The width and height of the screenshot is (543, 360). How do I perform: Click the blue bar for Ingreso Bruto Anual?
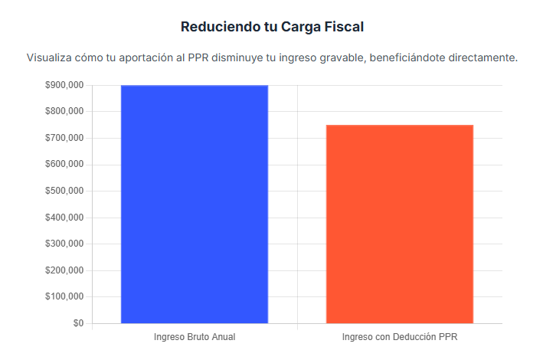195,204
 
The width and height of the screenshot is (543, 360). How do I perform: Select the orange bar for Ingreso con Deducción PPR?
400,224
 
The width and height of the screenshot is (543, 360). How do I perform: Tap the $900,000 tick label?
64,85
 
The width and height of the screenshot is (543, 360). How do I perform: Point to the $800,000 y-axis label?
64,112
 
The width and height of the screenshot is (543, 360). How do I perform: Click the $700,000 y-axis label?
64,138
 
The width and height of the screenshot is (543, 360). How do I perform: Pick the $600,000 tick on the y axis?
64,165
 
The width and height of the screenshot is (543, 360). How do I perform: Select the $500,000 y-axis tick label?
64,191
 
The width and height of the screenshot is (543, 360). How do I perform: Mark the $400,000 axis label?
64,218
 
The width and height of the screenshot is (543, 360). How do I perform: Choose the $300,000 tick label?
64,244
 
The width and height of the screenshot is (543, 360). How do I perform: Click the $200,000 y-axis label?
64,270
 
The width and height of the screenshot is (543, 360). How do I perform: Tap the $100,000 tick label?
64,296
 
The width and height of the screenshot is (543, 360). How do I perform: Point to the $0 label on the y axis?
78,323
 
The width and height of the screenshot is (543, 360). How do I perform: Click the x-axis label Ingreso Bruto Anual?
195,337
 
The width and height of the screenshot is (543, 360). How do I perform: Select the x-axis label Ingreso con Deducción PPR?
400,337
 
